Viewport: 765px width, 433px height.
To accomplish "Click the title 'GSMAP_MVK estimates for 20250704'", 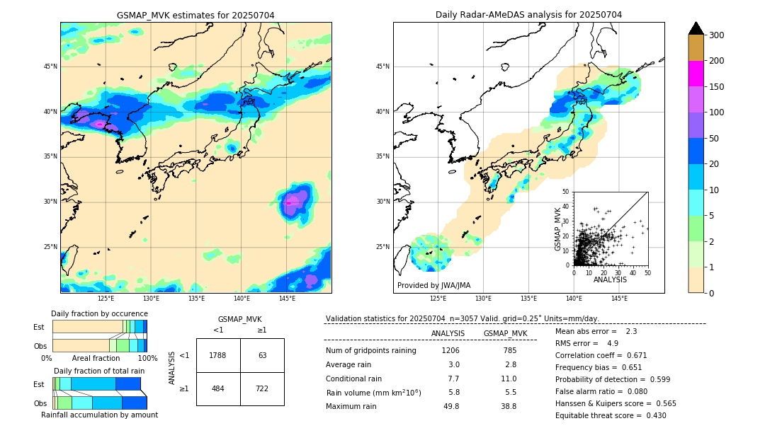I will [x=195, y=15].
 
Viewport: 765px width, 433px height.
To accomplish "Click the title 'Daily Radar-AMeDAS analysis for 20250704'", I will [x=528, y=15].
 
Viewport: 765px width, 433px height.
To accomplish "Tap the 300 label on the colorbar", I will [x=717, y=35].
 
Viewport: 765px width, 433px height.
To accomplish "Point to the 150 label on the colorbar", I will [x=717, y=87].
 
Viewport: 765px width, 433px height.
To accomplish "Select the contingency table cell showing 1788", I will [x=218, y=355].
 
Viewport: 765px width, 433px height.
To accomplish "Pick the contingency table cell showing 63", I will [x=262, y=355].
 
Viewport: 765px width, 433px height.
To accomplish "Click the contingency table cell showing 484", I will [x=218, y=389].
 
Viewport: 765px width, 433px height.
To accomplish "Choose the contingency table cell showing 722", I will [x=262, y=389].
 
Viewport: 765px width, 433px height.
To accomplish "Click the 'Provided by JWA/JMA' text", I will [x=433, y=286].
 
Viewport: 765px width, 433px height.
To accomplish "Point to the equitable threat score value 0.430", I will [x=652, y=415].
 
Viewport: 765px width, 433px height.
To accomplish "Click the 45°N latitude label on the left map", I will [x=50, y=67].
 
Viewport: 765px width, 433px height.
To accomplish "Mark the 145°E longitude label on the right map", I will [x=619, y=299].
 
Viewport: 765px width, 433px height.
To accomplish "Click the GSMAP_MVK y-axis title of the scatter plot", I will [x=558, y=229].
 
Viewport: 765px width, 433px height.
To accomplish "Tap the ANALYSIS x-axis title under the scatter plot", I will [x=611, y=280].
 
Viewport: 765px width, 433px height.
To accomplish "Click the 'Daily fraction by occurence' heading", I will [x=99, y=313].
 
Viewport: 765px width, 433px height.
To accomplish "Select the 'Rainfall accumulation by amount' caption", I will [x=99, y=415].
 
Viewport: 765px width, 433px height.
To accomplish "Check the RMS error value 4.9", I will [x=613, y=343].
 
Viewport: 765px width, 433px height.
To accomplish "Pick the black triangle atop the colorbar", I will [x=696, y=28].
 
